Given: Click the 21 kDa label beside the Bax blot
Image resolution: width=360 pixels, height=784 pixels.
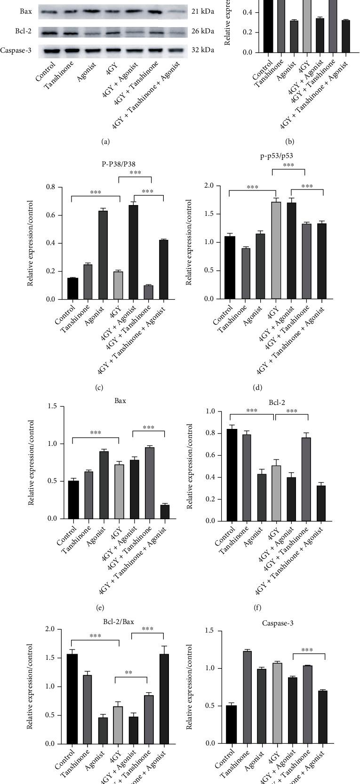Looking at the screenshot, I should [203, 12].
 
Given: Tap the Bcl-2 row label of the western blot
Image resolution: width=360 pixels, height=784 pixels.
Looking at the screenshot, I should [23, 32].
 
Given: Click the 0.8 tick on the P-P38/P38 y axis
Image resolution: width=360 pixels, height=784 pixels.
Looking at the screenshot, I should [50, 187].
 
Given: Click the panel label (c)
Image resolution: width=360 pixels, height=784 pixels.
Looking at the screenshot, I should [99, 388].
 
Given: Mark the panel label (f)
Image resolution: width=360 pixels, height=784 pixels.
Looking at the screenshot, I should [257, 607].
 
